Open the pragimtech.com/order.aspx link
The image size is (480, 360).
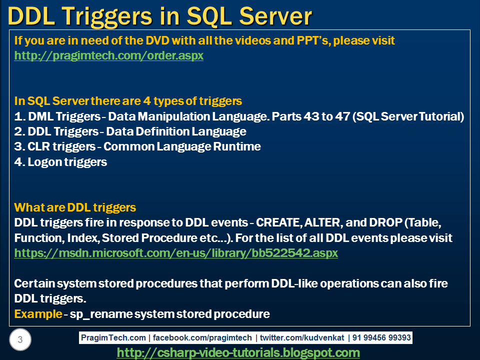108,55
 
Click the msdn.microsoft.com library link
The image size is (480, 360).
176,253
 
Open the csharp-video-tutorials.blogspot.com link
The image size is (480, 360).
238,352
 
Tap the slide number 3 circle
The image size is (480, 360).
20,340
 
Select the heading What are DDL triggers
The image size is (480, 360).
75,207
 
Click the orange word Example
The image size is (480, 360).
37,314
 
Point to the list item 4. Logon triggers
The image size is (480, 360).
60,162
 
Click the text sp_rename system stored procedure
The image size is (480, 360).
170,314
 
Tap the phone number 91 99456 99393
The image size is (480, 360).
381,338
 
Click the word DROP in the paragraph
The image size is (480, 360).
378,222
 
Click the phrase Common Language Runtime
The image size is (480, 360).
182,147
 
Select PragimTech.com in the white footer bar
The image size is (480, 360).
114,338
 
